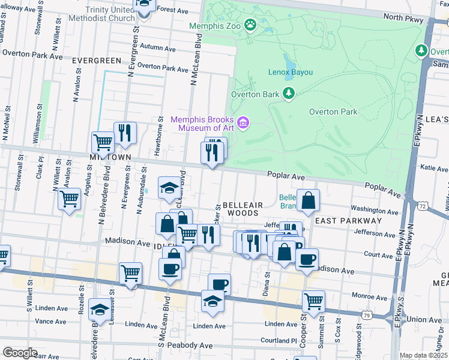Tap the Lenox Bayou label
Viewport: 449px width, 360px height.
(x=290, y=72)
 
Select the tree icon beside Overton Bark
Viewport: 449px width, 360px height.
(x=289, y=94)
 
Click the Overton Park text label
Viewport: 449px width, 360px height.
(x=333, y=112)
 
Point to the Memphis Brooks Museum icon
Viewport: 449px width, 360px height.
(x=243, y=124)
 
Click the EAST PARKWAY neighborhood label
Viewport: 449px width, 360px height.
(x=348, y=221)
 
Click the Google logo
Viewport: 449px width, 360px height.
(x=20, y=353)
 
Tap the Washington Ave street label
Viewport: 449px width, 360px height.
(x=375, y=210)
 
